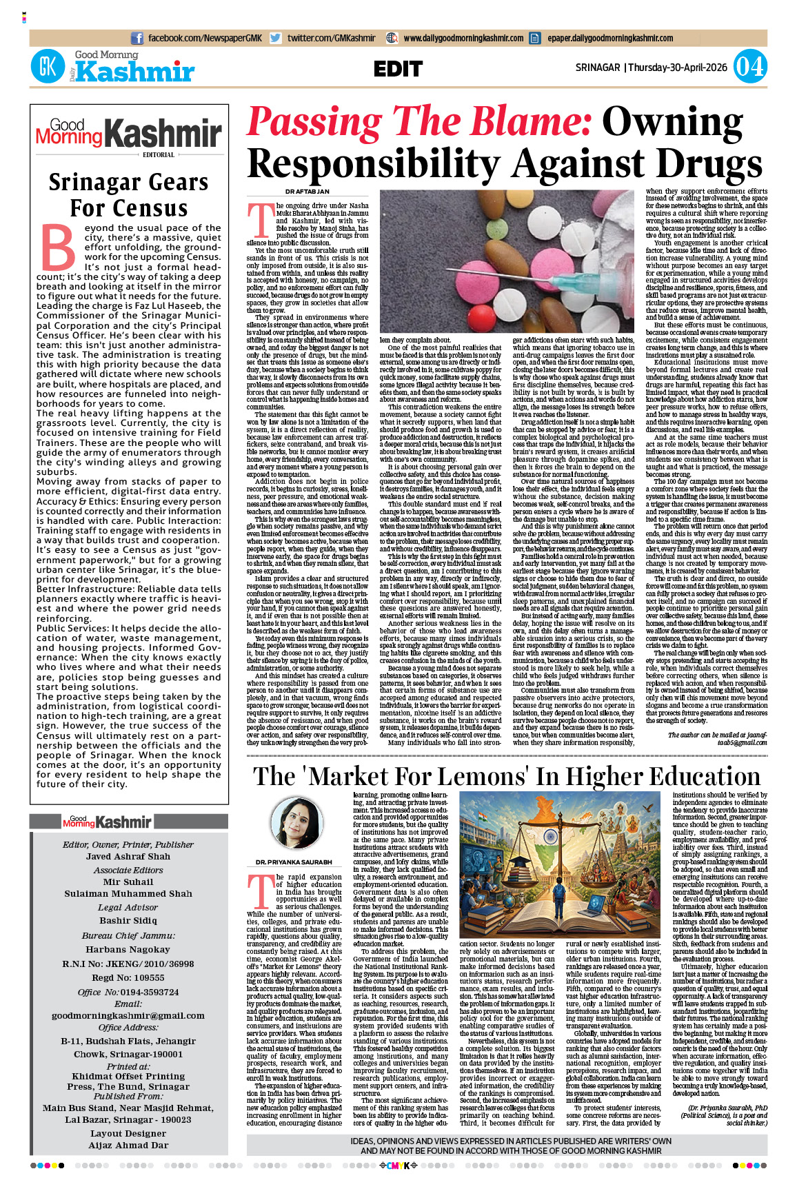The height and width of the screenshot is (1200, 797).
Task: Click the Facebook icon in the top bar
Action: (x=137, y=39)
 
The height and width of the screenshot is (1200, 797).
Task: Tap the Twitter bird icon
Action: (x=276, y=39)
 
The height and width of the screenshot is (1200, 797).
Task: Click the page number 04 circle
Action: (x=749, y=67)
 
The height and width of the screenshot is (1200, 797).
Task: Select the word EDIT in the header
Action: (x=398, y=69)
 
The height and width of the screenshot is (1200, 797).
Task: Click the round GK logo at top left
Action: (x=48, y=67)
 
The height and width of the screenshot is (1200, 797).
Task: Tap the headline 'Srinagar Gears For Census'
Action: (x=129, y=195)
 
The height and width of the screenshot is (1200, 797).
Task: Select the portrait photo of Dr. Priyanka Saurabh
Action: (x=296, y=823)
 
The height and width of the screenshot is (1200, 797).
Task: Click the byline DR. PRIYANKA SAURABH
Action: (x=294, y=862)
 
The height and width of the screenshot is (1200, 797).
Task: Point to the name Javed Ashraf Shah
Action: (x=128, y=857)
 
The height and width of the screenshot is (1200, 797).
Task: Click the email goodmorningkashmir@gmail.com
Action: (x=128, y=1015)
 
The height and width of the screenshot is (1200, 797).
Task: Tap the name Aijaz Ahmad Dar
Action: (x=128, y=1146)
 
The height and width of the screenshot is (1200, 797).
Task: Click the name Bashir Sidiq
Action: (x=128, y=920)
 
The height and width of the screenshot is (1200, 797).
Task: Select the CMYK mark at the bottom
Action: (x=398, y=1166)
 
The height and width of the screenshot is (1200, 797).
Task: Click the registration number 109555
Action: (x=148, y=977)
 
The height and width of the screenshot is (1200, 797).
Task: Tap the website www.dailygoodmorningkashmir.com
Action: (x=463, y=39)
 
